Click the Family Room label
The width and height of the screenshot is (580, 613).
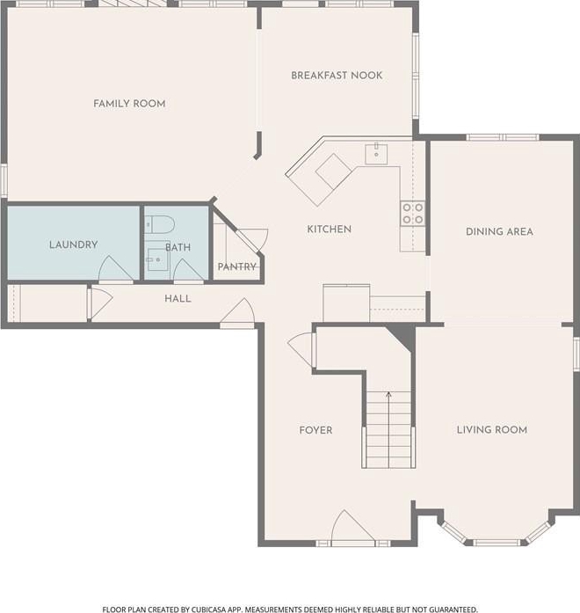pos(129,104)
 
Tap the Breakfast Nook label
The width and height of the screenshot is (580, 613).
pos(337,76)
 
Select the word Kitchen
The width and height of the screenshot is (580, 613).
pos(330,229)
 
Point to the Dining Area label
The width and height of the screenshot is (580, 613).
pos(499,231)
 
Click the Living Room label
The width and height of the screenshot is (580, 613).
pos(492,430)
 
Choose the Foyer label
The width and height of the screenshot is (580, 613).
pos(316,430)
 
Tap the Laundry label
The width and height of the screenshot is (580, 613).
pos(74,244)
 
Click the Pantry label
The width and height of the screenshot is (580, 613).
pos(236,266)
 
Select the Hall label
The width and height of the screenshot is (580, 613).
pos(178,299)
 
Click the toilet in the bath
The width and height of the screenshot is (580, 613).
pos(160,224)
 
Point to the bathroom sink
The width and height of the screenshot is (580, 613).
pos(157,259)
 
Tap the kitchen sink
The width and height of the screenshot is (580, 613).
pos(376,154)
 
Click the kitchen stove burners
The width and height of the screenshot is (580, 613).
pos(413,214)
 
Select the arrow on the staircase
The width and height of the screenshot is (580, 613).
pos(388,429)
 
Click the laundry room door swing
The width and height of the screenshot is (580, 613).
pos(115,269)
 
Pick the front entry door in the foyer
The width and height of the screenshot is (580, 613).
pos(352,527)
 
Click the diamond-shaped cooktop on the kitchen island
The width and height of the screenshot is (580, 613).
pos(334,171)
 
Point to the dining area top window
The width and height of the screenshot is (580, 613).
pos(503,137)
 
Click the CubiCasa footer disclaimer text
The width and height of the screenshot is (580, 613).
pos(290,609)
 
